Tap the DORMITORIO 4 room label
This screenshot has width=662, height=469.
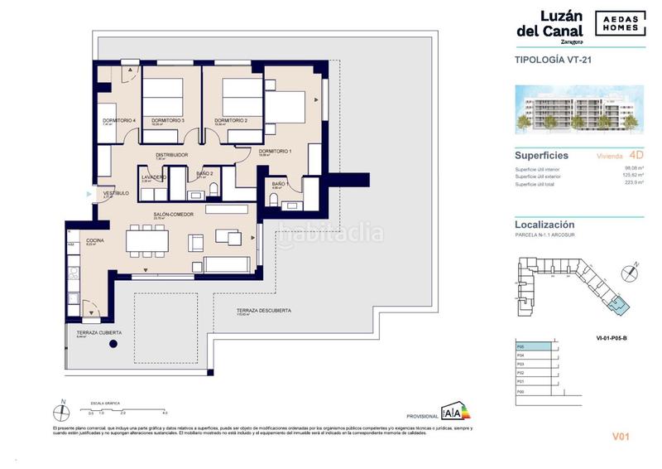118,121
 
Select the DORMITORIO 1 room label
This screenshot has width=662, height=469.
275,151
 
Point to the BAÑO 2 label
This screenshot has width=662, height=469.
205,173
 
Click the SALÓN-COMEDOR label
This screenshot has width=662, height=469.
172,215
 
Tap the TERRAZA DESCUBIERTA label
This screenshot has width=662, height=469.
263,311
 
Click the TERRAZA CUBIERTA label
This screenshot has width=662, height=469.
94,332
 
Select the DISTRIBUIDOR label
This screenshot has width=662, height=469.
172,154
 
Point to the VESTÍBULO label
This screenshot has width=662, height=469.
115,194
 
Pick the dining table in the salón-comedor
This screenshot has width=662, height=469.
147,240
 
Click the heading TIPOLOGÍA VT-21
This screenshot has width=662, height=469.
553,60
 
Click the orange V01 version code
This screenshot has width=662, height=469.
621,436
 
